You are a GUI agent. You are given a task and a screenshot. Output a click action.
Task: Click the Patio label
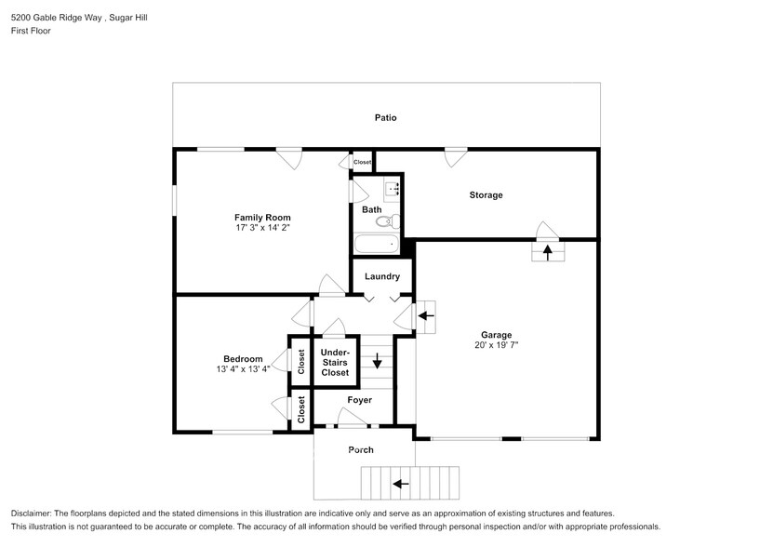tap(386, 118)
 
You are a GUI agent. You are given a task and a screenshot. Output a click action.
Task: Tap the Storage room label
tap(486, 195)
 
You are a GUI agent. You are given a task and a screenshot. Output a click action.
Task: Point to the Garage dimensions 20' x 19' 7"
tap(496, 345)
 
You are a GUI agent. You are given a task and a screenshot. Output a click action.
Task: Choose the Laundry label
tap(382, 276)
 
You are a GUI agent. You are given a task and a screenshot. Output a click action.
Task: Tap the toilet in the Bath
tap(394, 222)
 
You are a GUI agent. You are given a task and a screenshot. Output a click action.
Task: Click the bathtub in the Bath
tap(376, 245)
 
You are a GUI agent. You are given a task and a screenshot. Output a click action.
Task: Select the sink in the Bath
tap(393, 189)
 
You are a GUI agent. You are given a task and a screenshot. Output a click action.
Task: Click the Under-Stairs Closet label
tap(335, 363)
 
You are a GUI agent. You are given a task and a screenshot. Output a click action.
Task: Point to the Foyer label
tap(360, 400)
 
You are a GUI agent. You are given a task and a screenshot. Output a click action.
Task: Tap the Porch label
tap(361, 450)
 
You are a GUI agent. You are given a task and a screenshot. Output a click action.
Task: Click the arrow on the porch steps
tap(402, 484)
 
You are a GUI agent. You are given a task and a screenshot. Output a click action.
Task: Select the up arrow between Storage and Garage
tap(547, 249)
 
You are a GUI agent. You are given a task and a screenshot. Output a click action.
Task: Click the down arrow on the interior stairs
tap(377, 361)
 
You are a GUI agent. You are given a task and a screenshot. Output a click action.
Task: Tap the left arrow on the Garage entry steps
tap(426, 316)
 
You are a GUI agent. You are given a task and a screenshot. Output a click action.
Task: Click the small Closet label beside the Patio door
tap(362, 162)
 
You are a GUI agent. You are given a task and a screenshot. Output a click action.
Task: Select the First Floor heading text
tap(31, 31)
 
